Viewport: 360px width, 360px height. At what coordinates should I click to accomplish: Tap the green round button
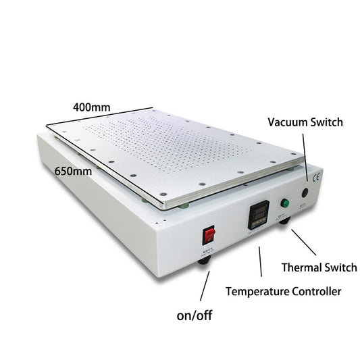pyautogui.click(x=284, y=203)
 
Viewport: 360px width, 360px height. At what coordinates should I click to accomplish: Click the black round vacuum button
pyautogui.click(x=304, y=192)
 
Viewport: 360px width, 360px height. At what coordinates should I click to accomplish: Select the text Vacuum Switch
pyautogui.click(x=305, y=122)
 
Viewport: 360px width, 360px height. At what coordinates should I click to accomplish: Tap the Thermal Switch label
pyautogui.click(x=319, y=267)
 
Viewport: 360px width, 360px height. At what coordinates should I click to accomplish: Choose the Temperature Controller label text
pyautogui.click(x=283, y=292)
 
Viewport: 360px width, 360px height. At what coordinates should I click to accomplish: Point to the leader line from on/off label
pyautogui.click(x=204, y=286)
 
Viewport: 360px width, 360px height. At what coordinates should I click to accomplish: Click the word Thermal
pyautogui.click(x=301, y=267)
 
